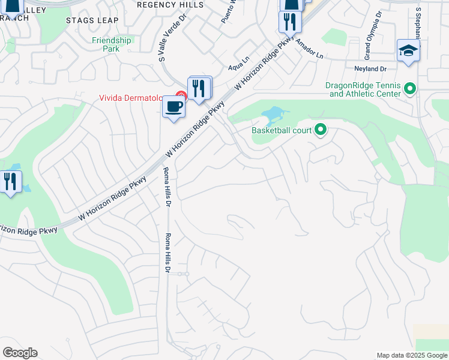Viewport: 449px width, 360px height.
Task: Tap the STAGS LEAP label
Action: point(92,20)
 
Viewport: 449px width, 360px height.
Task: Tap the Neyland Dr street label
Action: point(370,69)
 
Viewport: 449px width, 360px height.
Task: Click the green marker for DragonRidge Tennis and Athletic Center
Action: point(411,89)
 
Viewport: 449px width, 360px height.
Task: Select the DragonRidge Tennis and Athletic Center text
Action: point(363,89)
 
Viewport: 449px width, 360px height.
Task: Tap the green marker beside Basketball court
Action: point(321,130)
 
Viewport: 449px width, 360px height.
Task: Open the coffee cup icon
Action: point(174,107)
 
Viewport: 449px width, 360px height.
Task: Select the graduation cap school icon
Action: point(408,51)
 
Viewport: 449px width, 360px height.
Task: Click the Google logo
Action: point(20,353)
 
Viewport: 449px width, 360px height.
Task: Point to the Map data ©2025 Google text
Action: point(411,355)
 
